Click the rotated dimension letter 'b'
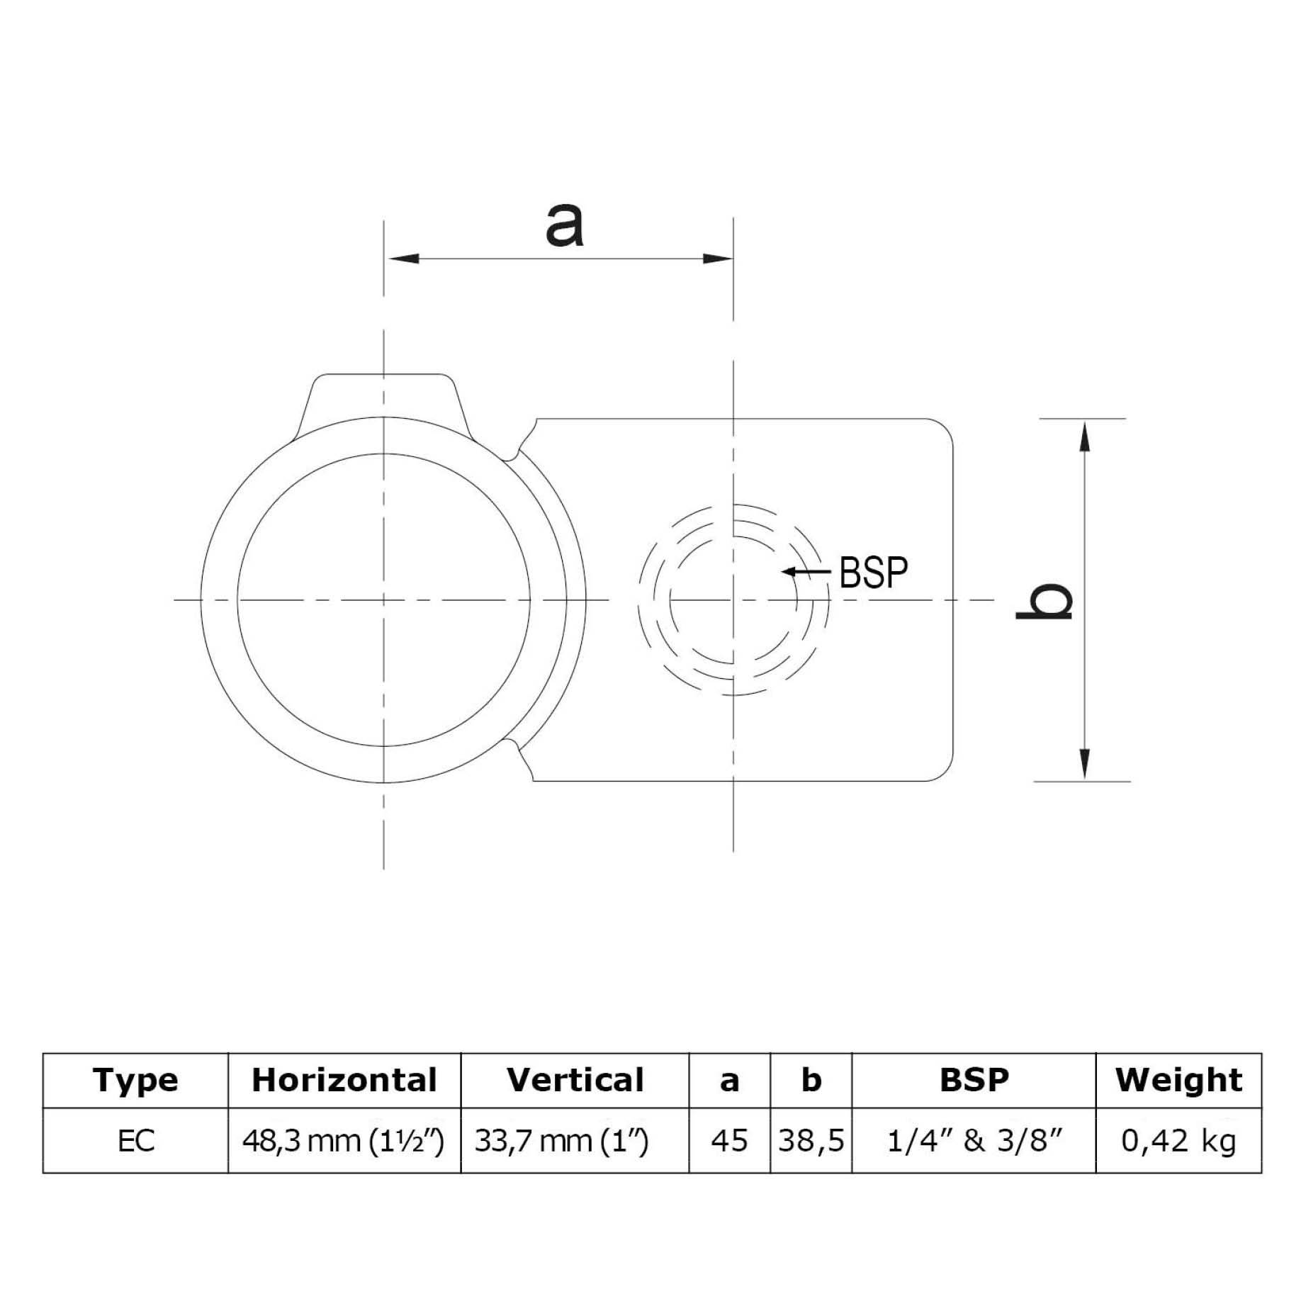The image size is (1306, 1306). coord(1045,602)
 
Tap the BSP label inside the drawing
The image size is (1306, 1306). coord(873,573)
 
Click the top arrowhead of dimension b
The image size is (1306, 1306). coord(1083,435)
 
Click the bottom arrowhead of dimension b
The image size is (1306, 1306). coord(1083,765)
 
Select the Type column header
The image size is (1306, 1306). coord(135,1081)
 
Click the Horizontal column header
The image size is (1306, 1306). coord(344,1081)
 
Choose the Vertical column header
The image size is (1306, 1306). coord(575,1081)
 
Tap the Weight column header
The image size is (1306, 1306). coord(1178,1081)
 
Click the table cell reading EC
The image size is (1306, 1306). coord(135,1142)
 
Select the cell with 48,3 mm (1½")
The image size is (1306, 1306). coord(344,1142)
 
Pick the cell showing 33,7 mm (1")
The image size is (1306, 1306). coord(561,1142)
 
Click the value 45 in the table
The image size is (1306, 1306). coord(729,1142)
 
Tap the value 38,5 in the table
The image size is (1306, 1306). coord(811,1142)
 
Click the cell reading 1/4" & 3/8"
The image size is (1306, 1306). coord(974,1142)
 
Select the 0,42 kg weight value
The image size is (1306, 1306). coord(1178,1142)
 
